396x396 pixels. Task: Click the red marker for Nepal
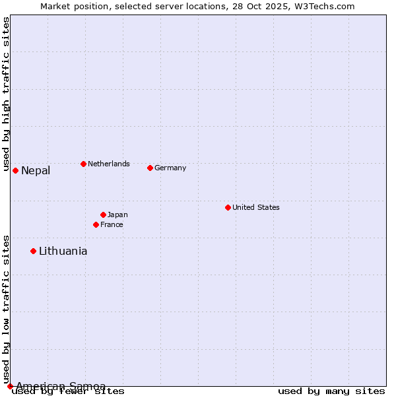coord(15,170)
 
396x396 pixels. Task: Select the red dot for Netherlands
coord(83,164)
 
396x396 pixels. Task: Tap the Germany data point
coord(150,168)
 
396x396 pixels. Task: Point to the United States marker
coord(228,207)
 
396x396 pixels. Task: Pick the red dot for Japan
coord(103,214)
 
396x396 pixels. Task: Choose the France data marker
coord(96,224)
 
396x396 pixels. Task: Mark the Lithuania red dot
coord(33,251)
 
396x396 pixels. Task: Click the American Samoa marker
coord(10,386)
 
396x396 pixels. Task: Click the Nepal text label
coord(36,171)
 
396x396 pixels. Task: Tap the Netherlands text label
coord(109,164)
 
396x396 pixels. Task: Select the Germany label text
coord(170,168)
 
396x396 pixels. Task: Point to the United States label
coord(256,207)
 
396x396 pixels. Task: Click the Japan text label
coord(117,214)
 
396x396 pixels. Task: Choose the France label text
coord(112,224)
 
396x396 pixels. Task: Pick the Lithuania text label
coord(63,251)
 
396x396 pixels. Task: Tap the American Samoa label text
coord(61,386)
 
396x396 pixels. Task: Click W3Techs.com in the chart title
coord(325,6)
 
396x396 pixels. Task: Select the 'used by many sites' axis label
coord(331,391)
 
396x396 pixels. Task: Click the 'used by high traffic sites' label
coord(6,94)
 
